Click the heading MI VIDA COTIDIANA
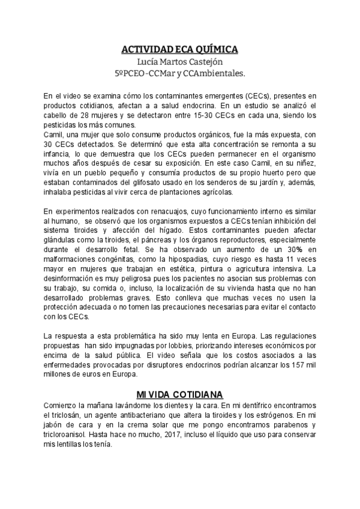[180, 394]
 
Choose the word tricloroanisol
[71, 435]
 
